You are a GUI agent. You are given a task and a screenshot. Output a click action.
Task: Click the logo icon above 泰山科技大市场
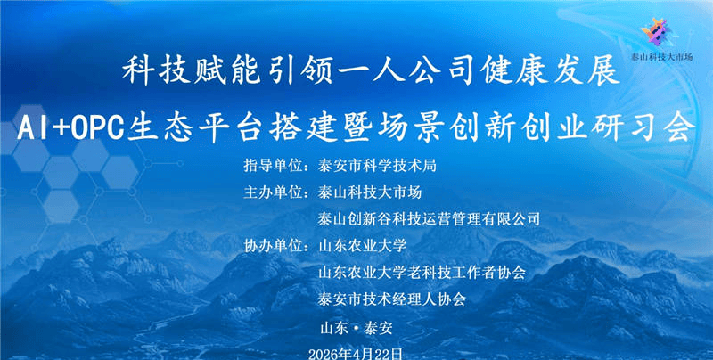[658, 30]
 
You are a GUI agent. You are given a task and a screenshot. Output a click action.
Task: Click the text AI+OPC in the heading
[74, 128]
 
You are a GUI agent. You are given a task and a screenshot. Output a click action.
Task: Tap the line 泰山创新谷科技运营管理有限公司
[429, 218]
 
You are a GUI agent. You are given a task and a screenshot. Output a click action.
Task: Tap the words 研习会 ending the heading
[650, 128]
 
